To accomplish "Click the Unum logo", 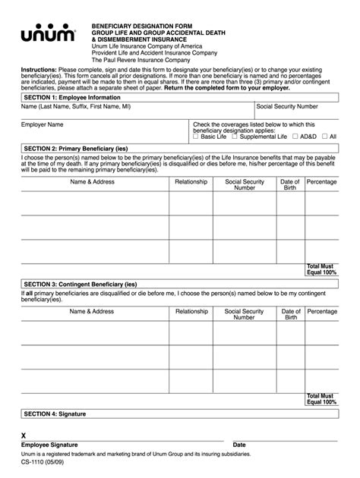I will [x=48, y=33].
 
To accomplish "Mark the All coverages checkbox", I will [x=324, y=137].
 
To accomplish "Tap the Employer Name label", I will [x=43, y=124].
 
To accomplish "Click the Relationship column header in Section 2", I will [x=191, y=182].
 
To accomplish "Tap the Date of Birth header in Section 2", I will [x=291, y=185].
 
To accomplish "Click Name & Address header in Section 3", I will [x=92, y=311].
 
